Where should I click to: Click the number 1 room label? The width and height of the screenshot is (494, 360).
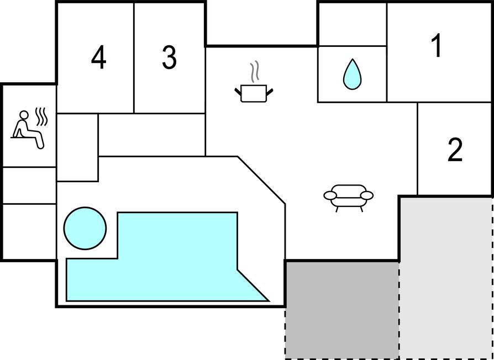pos(437,46)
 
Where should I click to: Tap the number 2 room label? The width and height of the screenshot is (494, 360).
pos(455,150)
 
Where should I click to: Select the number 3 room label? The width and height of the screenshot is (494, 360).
pos(170,57)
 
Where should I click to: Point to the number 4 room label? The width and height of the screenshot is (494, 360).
pos(98,57)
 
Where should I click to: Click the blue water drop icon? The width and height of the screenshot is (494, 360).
pos(352,75)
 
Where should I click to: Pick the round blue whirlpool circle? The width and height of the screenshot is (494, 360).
pos(85,229)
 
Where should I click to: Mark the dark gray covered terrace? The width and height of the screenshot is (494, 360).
pos(342,310)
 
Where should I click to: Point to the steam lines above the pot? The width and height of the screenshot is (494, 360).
pos(255,71)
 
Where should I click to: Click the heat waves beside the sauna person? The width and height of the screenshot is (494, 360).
pos(41,117)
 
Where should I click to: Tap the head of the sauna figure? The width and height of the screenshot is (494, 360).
pos(24,115)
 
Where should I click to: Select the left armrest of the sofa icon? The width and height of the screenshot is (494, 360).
pos(330,195)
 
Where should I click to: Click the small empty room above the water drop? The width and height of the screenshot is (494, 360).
pos(353,24)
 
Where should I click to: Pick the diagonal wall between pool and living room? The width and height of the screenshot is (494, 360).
pos(261,180)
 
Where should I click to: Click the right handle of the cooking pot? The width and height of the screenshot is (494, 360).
pos(270,92)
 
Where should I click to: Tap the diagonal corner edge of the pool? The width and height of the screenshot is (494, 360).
pos(253,285)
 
